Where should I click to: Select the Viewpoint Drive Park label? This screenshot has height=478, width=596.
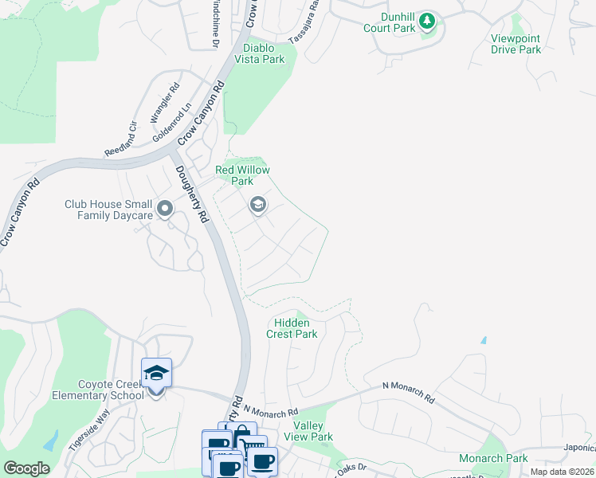[x=516, y=44]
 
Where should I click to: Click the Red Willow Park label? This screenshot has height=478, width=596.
[x=242, y=175]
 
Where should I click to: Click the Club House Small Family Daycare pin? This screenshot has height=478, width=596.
[x=165, y=210]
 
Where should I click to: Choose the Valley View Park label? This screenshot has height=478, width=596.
[x=313, y=431]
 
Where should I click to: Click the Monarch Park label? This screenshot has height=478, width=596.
[x=493, y=458]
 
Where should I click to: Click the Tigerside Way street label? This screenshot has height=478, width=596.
[x=88, y=430]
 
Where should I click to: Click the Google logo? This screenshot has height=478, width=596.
[x=26, y=468]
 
